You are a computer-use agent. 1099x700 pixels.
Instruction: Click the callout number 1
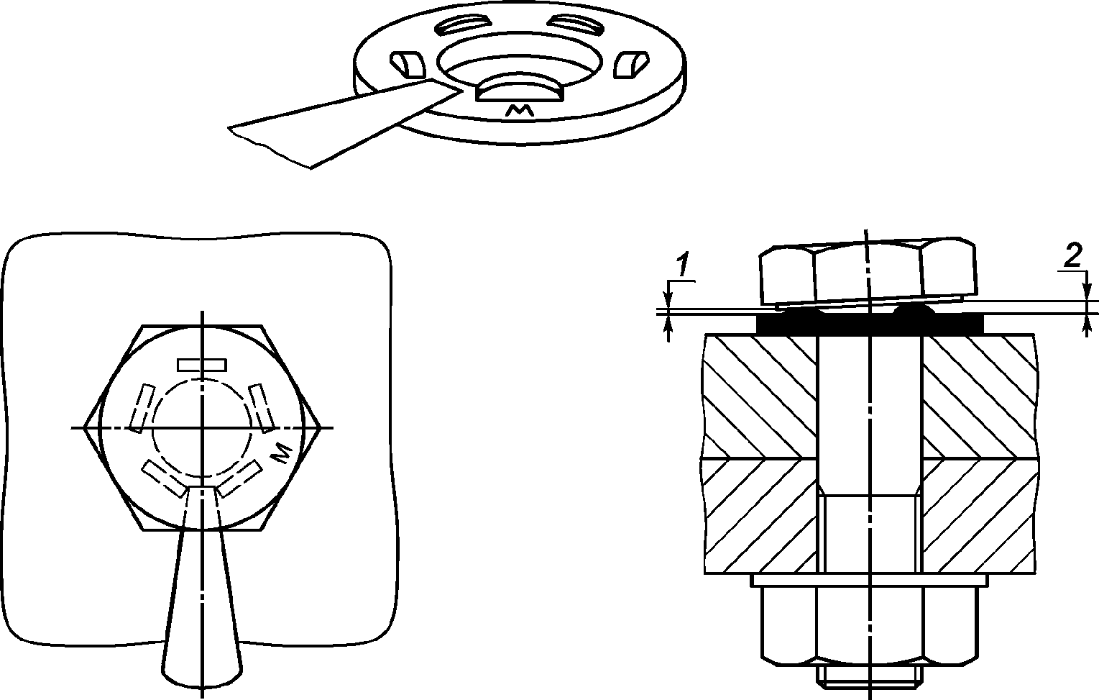(x=682, y=265)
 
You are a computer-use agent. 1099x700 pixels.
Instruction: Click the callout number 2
(x=1074, y=256)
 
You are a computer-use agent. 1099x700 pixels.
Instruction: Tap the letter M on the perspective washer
(x=520, y=111)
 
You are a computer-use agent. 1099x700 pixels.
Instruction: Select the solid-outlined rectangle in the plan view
(x=202, y=365)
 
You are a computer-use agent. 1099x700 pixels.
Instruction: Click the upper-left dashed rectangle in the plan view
(x=142, y=408)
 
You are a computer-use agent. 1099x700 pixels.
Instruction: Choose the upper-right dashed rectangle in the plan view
(x=262, y=408)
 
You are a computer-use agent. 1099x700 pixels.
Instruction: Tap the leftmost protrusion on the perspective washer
(x=408, y=64)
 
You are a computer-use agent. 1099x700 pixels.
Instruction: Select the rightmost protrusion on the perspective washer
(x=631, y=64)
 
